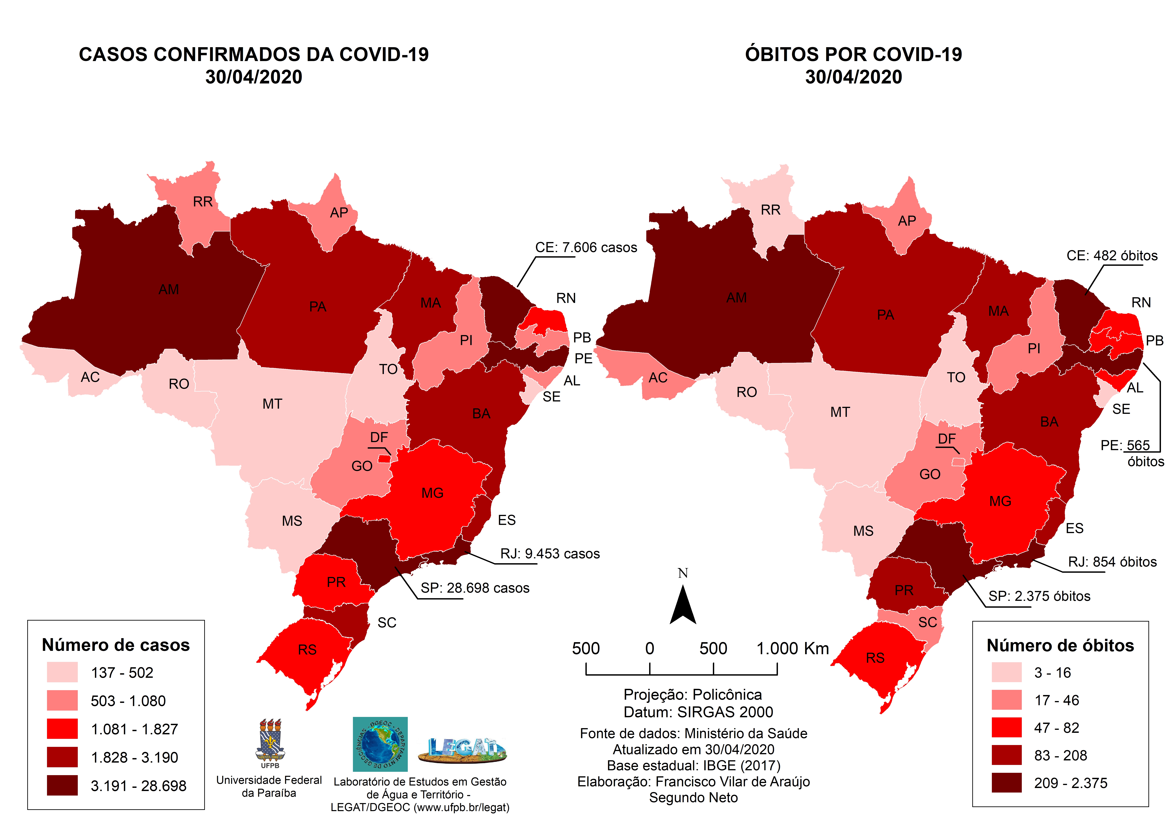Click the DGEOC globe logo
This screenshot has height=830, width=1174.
pyautogui.click(x=380, y=744)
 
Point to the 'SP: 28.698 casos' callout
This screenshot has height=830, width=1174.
pyautogui.click(x=475, y=588)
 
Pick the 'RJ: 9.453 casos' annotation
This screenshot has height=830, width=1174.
pyautogui.click(x=550, y=554)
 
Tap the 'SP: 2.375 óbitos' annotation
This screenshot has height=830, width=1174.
pyautogui.click(x=1039, y=596)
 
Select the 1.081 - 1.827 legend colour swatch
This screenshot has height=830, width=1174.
pyautogui.click(x=62, y=729)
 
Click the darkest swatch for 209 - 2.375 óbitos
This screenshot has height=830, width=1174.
pyautogui.click(x=1006, y=783)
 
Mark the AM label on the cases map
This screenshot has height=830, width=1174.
pyautogui.click(x=169, y=289)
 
